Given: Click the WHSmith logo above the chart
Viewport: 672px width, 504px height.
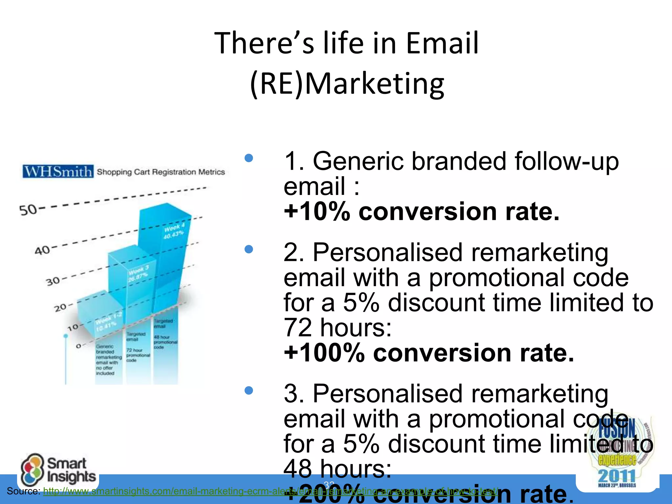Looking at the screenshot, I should (58, 172).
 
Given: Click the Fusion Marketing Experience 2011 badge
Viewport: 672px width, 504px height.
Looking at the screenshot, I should (617, 453).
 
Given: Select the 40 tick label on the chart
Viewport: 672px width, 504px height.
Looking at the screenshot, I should (42, 251).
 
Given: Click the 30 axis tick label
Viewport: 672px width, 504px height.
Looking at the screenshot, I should (53, 281).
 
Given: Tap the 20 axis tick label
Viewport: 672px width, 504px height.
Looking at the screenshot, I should (61, 308).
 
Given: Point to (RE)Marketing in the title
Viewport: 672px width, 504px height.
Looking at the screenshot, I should (347, 84).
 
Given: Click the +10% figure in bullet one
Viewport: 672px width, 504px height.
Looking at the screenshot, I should (317, 212).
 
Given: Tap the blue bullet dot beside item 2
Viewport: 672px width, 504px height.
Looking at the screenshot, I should (249, 250).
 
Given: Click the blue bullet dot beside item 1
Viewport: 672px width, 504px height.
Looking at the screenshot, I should (249, 158).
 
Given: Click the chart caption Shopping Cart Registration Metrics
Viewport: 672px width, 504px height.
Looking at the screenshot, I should (161, 172).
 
